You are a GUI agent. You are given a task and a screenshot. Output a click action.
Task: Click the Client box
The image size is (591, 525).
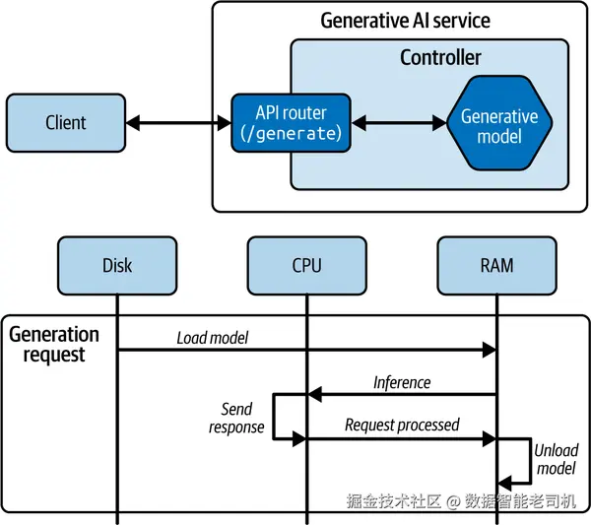(66, 123)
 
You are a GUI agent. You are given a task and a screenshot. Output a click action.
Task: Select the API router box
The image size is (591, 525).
(291, 123)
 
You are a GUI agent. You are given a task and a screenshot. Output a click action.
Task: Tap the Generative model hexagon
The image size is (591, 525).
(499, 125)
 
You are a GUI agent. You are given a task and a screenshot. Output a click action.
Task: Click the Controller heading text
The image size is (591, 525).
(440, 57)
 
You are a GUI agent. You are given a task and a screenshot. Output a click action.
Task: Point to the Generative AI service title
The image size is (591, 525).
(405, 21)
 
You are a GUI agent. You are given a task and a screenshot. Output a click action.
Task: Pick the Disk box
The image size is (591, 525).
(116, 265)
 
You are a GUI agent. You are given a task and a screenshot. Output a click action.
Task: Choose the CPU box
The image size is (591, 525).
(306, 265)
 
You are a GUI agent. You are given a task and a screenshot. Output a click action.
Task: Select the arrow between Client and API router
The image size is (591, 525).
(178, 123)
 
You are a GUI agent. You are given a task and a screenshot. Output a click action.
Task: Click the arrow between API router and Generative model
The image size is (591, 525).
(400, 123)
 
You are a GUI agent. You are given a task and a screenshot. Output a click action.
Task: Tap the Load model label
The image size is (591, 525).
(213, 338)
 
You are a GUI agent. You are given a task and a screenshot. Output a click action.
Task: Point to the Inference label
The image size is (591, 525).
(401, 382)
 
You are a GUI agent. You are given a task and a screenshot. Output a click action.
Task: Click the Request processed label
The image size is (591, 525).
(402, 425)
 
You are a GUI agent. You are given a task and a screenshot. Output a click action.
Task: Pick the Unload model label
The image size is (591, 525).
(557, 459)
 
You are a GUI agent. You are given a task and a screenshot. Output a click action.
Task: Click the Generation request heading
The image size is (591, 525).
(54, 344)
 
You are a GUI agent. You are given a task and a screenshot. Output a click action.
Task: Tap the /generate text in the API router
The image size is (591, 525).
(291, 133)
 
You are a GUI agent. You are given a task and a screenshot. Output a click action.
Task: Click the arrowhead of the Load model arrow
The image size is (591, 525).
(490, 350)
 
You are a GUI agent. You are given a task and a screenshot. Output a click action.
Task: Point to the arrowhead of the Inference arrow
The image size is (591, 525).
(314, 394)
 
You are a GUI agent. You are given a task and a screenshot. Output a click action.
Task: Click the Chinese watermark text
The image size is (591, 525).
(461, 501)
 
